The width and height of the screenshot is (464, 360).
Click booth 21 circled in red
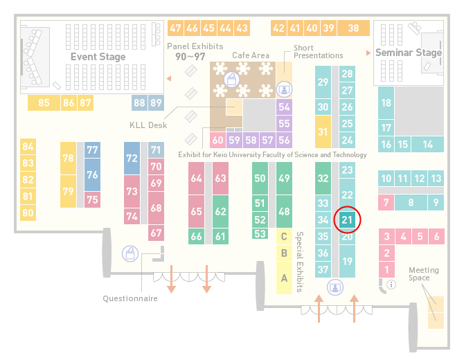coord(347,219)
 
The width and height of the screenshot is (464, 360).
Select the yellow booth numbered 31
coord(323,132)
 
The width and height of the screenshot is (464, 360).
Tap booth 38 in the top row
coord(354,28)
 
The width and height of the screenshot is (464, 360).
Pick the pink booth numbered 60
coord(217,140)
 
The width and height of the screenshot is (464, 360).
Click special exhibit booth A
coord(284,278)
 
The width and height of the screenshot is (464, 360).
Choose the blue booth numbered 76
coord(92,174)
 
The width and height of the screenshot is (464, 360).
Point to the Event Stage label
coord(98,57)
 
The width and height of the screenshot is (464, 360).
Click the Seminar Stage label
coord(409,53)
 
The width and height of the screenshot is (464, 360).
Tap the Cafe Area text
coord(251,55)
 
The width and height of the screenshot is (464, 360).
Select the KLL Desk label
coord(148,125)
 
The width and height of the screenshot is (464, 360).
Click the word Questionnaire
coord(130,298)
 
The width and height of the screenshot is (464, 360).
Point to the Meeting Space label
coord(423,274)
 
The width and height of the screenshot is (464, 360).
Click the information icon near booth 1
coord(391,285)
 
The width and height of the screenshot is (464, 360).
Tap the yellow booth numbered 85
coord(44,103)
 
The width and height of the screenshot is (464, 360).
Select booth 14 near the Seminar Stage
coord(427,145)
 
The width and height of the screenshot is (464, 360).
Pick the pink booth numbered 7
coord(386,203)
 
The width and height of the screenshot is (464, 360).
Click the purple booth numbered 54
coord(284,107)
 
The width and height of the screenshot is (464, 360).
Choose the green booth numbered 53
coord(260,234)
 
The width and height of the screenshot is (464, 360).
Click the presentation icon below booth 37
coord(335,287)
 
